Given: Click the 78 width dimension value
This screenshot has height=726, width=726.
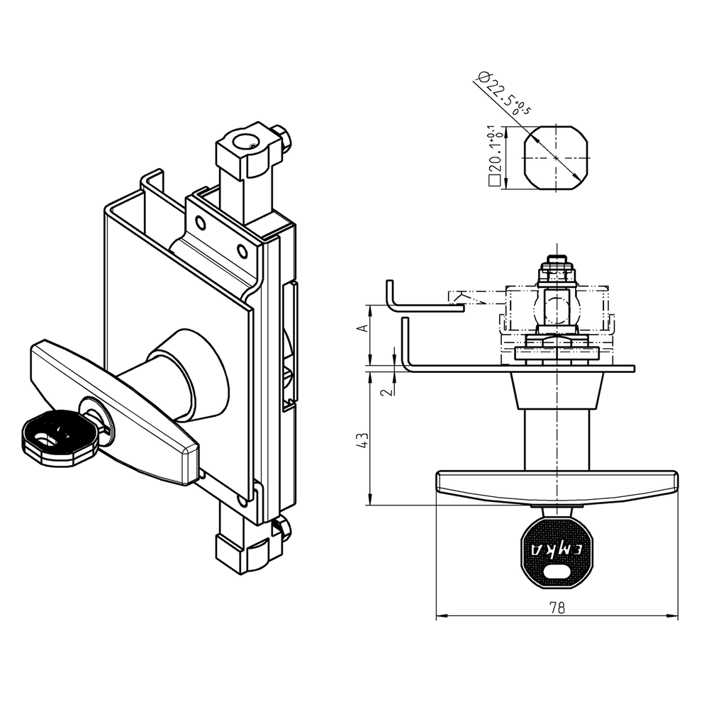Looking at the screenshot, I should pos(557,608).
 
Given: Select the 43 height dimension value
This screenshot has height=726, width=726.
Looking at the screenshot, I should pos(363,440).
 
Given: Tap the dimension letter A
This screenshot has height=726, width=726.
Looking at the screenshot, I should pos(362,328).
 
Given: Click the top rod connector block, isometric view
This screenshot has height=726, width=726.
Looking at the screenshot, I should pos(248,151).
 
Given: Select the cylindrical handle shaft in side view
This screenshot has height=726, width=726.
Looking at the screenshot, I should pos(557,440).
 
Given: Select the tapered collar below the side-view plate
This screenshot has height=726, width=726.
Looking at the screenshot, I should pos(557,391).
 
